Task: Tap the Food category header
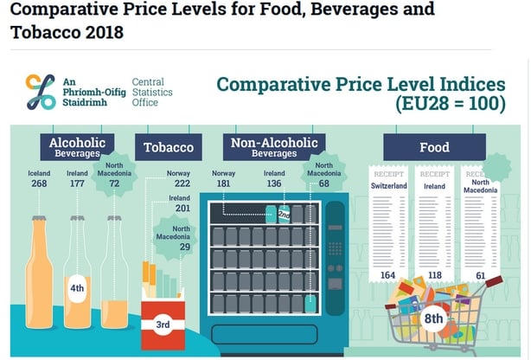pos(434,146)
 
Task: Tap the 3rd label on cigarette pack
pos(163,325)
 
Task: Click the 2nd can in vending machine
pos(283,214)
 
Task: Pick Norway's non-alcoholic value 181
pos(224,183)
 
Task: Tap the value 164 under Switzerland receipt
pos(387,276)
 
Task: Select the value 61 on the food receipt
pos(480,276)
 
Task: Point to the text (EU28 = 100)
pos(451,105)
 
